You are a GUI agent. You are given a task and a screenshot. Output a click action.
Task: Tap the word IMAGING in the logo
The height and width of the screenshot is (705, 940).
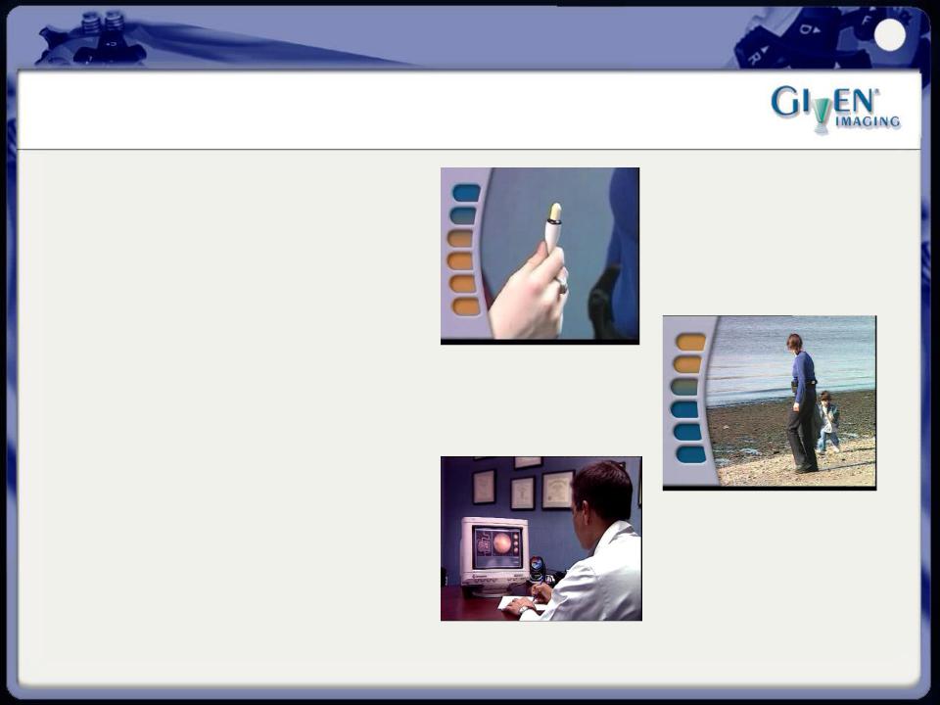tap(868, 121)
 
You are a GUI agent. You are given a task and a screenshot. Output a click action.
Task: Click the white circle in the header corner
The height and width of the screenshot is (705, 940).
tap(890, 35)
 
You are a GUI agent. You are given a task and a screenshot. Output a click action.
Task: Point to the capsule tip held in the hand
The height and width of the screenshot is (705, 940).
tap(555, 212)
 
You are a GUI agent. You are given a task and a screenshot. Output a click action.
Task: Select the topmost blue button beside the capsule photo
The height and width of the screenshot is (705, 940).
tap(466, 193)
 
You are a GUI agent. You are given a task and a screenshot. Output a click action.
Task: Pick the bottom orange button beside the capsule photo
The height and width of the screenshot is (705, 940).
tap(465, 306)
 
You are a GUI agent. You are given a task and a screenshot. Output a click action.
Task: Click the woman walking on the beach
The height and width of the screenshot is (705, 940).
tap(802, 402)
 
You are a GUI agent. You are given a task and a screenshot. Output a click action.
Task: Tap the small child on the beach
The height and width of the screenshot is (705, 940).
tap(828, 421)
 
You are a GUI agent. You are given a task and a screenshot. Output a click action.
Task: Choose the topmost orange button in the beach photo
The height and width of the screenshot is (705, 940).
tap(690, 342)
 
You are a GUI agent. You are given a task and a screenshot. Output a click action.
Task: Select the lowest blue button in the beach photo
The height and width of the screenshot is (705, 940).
tap(690, 454)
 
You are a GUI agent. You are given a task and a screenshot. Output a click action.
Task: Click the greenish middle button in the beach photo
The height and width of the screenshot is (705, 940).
tap(684, 388)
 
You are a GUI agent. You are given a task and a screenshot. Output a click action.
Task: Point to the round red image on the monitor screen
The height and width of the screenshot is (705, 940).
tap(501, 543)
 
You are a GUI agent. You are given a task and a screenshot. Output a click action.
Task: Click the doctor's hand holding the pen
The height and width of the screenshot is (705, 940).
tap(541, 593)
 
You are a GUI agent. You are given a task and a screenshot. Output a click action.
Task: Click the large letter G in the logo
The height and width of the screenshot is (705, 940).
tap(783, 101)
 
